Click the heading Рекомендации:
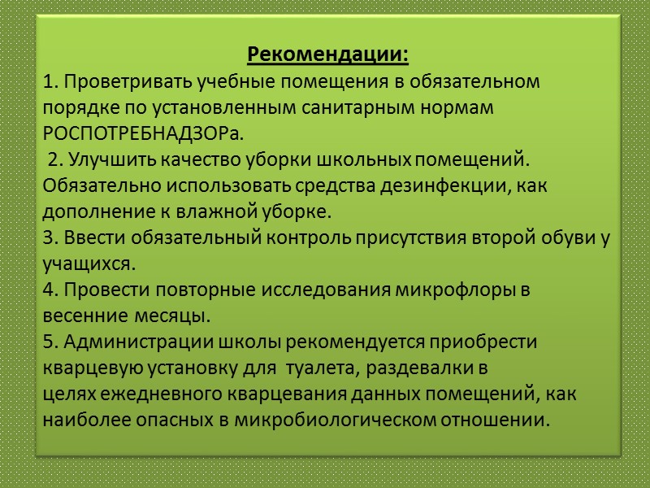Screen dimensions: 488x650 [x=327, y=56]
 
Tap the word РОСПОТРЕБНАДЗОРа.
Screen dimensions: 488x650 [x=142, y=133]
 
